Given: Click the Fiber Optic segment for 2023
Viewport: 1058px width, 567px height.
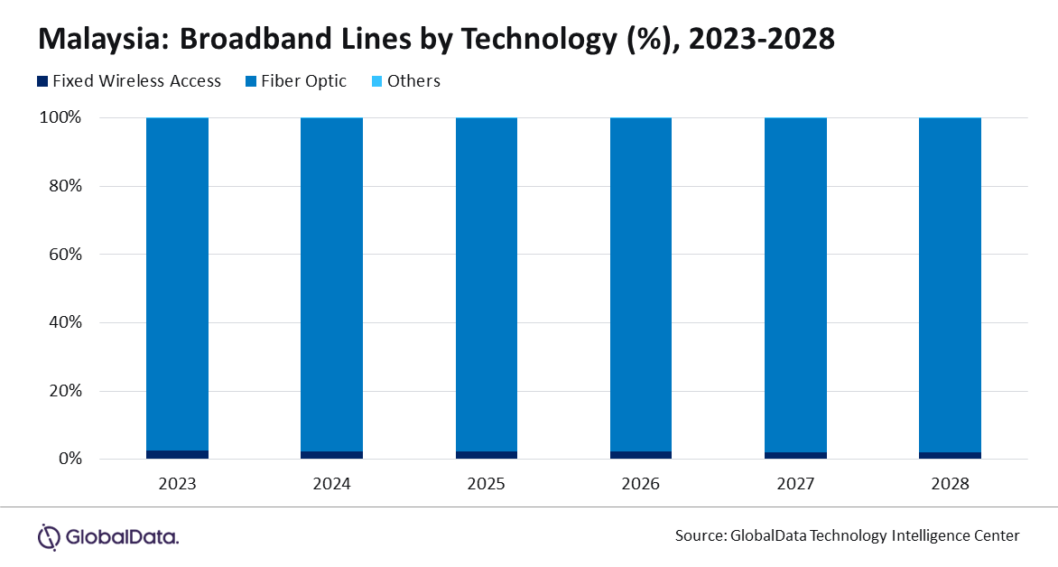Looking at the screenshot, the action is pyautogui.click(x=178, y=284).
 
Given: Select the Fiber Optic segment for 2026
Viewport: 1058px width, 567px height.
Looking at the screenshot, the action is pyautogui.click(x=641, y=284).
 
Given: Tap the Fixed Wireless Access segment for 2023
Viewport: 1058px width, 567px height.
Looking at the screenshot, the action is pyautogui.click(x=178, y=455).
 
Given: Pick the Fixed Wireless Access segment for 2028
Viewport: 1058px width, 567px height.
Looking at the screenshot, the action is pyautogui.click(x=950, y=456).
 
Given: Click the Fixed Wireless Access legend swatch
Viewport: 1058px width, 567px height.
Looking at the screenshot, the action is pyautogui.click(x=42, y=81).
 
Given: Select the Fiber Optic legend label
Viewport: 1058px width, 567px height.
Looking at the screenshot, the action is pyautogui.click(x=303, y=81).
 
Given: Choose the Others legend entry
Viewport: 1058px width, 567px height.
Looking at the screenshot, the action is pyautogui.click(x=406, y=81).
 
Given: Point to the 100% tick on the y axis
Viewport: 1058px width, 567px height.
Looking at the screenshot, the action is pyautogui.click(x=60, y=117).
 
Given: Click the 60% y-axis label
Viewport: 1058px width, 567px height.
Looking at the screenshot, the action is pyautogui.click(x=66, y=255).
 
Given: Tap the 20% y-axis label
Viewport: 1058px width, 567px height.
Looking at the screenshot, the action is pyautogui.click(x=66, y=391).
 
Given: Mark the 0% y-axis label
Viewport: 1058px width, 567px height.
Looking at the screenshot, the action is pyautogui.click(x=70, y=459).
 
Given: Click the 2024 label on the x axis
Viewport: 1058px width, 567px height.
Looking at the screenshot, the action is pyautogui.click(x=332, y=484).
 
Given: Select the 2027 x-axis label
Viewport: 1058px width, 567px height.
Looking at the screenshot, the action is pyautogui.click(x=795, y=484).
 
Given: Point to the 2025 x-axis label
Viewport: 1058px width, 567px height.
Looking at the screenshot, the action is pyautogui.click(x=487, y=484).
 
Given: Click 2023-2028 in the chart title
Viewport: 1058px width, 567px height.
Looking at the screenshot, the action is pyautogui.click(x=762, y=39).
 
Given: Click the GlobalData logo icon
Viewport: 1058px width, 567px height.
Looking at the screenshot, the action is pyautogui.click(x=49, y=537).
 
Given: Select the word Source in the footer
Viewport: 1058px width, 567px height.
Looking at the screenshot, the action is pyautogui.click(x=699, y=536).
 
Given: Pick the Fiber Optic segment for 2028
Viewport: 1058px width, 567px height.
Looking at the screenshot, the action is pyautogui.click(x=950, y=284).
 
